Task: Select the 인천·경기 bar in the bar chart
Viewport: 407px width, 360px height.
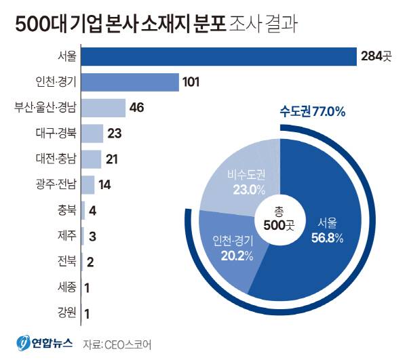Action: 129,82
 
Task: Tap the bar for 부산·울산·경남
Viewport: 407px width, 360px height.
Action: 102,108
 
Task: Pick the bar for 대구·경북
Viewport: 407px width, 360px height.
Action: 92,133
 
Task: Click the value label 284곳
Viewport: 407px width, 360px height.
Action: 376,56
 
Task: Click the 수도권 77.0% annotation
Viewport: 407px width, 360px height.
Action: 313,111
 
